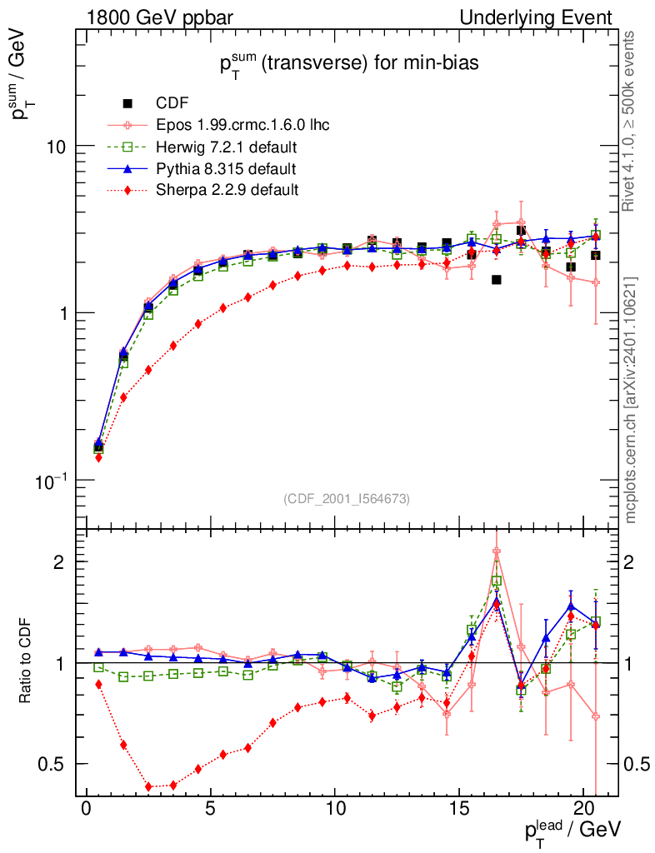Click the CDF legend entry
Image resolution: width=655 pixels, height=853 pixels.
coord(172,103)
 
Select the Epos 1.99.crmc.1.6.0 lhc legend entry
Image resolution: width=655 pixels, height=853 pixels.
coord(242,126)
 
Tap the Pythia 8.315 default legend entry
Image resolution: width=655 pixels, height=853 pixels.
coord(226,169)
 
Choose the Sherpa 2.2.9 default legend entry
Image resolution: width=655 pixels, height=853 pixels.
coord(227,191)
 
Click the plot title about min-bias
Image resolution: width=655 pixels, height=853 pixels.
coord(348,66)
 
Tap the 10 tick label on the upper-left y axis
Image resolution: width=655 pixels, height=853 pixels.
coord(56,146)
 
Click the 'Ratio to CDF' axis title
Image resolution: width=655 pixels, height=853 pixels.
coord(27,662)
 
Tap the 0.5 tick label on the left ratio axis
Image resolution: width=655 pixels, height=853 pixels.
coord(52,764)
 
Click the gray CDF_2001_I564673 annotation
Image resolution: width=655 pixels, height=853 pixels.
coord(347,498)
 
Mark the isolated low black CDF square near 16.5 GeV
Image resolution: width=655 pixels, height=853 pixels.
coord(496,280)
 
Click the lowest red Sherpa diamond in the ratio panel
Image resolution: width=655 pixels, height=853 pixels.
coord(148,786)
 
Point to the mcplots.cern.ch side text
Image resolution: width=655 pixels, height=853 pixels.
coord(631,400)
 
